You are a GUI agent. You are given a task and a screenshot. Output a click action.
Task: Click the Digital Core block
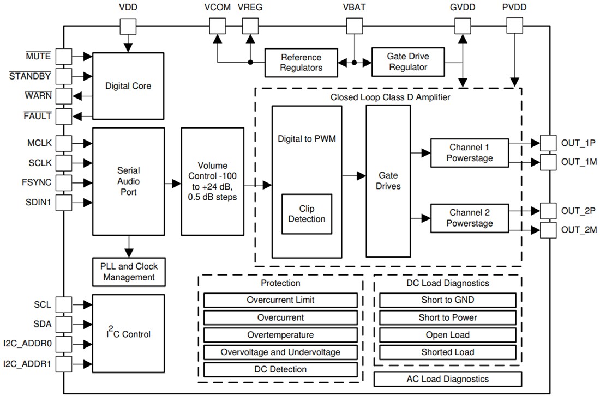[x=128, y=86]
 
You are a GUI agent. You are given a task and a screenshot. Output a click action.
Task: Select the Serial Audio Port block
[x=128, y=180]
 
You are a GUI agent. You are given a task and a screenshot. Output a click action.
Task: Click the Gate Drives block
[x=388, y=181]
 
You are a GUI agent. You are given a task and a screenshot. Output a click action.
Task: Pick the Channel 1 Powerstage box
[x=470, y=152]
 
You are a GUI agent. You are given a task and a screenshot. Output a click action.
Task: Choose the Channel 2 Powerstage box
[x=470, y=218]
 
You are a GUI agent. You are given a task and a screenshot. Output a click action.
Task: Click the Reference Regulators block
[x=301, y=62]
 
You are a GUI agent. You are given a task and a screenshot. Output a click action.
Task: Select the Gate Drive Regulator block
[x=407, y=62]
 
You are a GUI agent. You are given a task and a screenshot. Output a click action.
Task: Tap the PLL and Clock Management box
[x=128, y=272]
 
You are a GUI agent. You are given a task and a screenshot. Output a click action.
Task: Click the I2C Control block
[x=128, y=334]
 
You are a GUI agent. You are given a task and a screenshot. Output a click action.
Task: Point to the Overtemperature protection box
[x=280, y=335]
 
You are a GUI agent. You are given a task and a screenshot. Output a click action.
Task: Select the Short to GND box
[x=447, y=300]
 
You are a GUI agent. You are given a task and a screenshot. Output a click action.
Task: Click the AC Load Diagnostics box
[x=447, y=379]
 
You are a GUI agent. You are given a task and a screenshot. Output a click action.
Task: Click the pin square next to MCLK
[x=64, y=143]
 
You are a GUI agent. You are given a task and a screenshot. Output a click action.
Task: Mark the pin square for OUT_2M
[x=548, y=230]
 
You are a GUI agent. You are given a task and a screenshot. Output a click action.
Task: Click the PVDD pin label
[x=514, y=8]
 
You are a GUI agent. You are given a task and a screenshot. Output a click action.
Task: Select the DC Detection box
[x=280, y=369]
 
